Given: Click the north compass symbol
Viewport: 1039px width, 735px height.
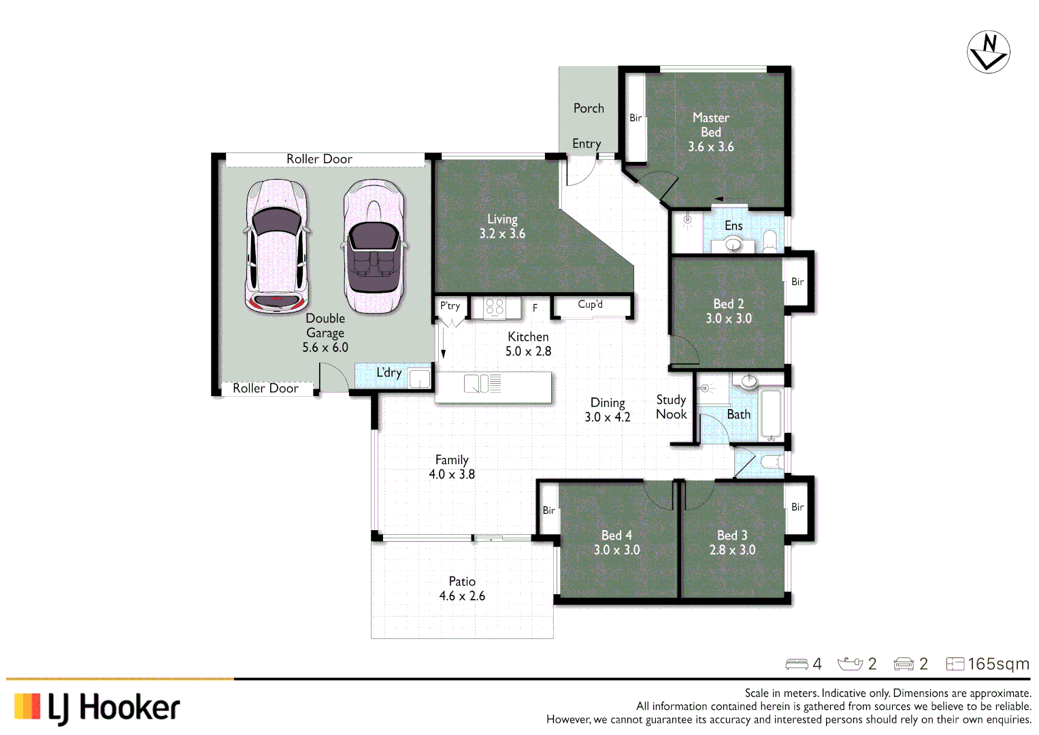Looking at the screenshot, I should [988, 52].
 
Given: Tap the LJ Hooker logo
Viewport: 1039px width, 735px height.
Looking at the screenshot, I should [97, 708].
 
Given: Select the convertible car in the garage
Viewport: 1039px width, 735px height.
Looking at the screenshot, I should [373, 246].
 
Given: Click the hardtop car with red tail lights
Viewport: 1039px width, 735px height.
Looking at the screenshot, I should [276, 246].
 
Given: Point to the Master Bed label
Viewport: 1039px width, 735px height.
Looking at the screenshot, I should [710, 125].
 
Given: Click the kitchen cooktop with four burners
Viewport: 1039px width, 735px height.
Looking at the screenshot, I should [494, 308].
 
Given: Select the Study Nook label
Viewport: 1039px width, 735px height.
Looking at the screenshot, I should [671, 407].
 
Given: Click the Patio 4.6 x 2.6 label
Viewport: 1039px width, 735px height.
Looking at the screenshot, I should [462, 589].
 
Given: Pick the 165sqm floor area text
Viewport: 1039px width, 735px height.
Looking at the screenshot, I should [998, 664].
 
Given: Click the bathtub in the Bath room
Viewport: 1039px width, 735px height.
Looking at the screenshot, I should [771, 412].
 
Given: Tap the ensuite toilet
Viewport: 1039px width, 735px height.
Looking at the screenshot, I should [770, 241].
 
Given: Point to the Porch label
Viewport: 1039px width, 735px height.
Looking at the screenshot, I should [589, 108].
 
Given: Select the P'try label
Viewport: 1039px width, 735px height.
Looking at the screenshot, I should [450, 306].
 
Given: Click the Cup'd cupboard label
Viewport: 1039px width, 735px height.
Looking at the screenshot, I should [590, 304].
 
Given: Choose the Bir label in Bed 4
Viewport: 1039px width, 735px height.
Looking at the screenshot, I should [548, 510].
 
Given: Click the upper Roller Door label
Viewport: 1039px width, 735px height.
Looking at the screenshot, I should [319, 159].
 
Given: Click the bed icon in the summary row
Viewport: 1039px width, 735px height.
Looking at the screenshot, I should [796, 664].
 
